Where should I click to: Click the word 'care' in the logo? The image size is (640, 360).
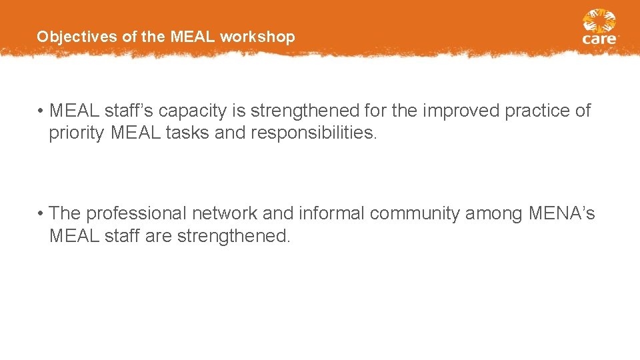click(x=599, y=39)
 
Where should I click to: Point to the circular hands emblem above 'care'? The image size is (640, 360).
click(x=599, y=21)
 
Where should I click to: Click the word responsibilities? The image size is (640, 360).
click(x=314, y=133)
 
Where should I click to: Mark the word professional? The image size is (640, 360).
click(x=137, y=213)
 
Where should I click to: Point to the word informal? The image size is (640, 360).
click(x=331, y=213)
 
